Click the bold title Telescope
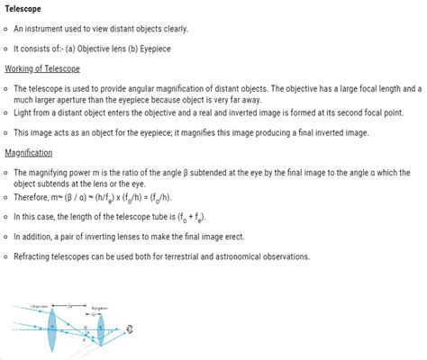click(28, 10)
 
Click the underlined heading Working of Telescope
click(42, 69)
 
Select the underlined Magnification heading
click(30, 153)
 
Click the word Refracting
click(37, 256)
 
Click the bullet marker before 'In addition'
click(6, 237)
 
